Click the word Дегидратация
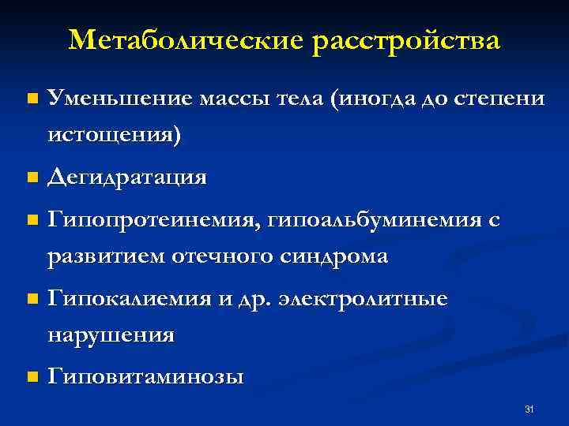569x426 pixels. tap(127, 177)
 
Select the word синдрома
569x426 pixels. tap(333, 256)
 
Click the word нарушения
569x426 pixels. tap(111, 335)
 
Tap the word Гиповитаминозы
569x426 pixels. tap(145, 377)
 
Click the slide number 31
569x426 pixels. tap(529, 409)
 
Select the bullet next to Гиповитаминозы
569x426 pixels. tap(31, 378)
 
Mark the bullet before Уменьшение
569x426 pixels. tap(31, 99)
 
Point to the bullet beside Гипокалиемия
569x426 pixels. tap(31, 300)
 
